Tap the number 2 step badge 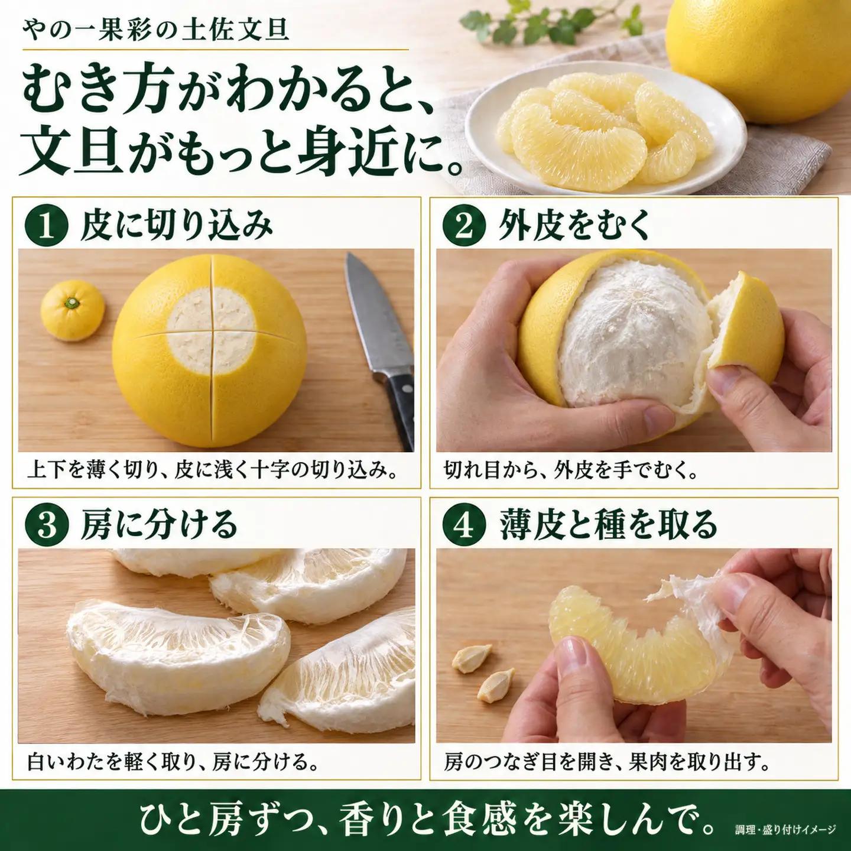[x=464, y=228]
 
